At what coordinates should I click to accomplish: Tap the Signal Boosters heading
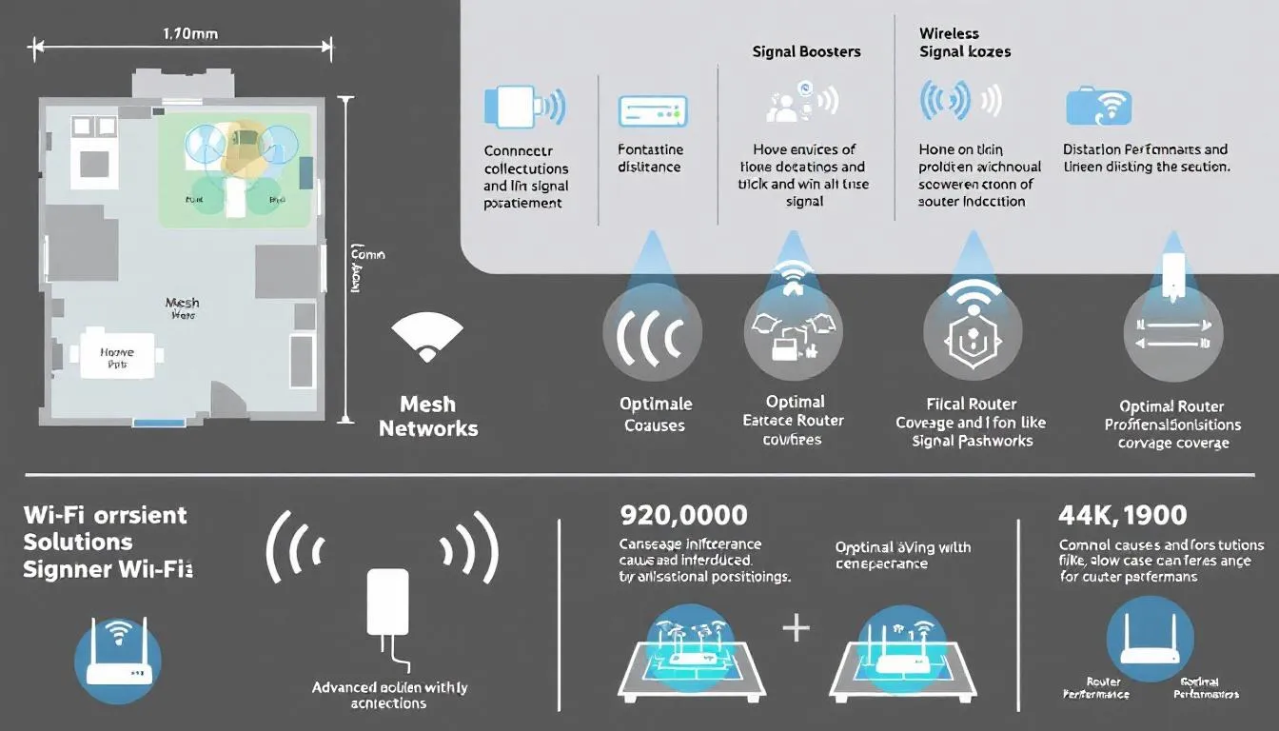[806, 52]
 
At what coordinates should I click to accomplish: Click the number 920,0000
[682, 516]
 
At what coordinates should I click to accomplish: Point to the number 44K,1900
[1122, 516]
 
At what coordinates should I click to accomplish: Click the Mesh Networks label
[428, 416]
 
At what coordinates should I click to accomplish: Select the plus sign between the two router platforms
[795, 629]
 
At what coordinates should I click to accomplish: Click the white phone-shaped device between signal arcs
[387, 603]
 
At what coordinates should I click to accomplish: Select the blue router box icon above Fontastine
[653, 110]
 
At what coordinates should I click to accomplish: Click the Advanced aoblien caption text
[389, 695]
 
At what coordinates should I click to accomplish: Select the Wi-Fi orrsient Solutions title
[105, 528]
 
